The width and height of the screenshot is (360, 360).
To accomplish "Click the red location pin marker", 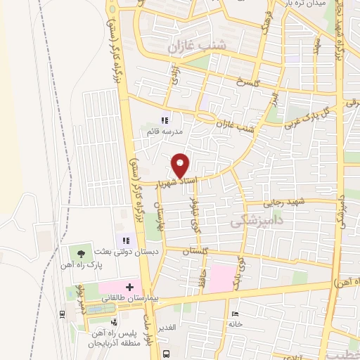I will point(181,165).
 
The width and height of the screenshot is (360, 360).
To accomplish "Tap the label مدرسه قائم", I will point(165,131).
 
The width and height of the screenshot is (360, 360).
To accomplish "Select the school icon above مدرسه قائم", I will point(165,120).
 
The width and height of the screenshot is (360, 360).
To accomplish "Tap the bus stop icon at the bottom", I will point(165,354).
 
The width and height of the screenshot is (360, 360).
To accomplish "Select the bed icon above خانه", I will point(235,314).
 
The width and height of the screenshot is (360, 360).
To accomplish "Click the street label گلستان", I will point(195,251).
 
